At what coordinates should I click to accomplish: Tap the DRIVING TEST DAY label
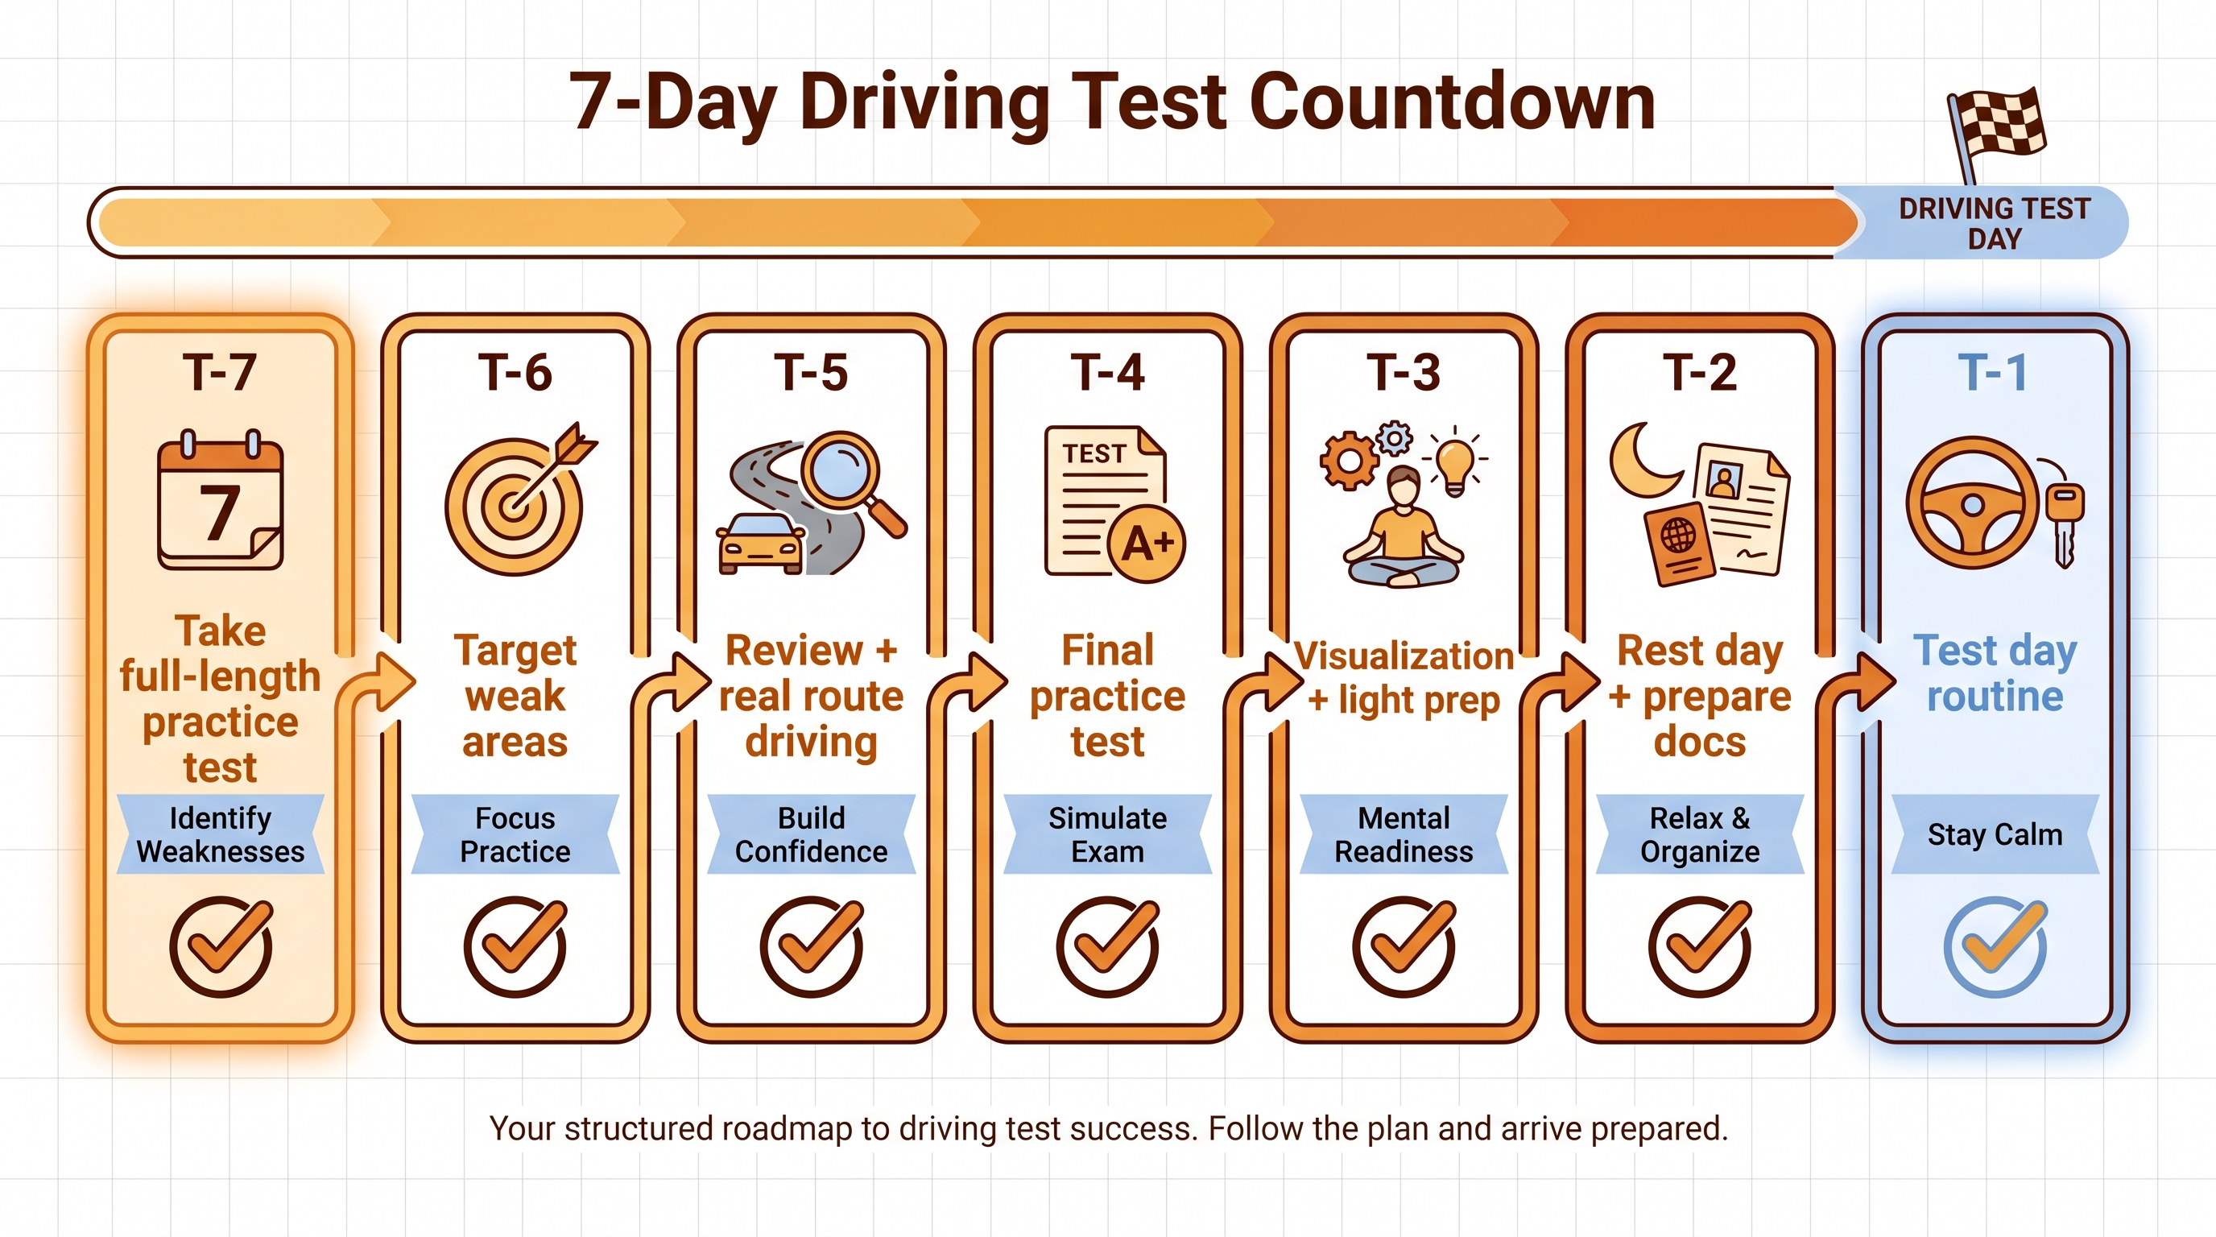1993,223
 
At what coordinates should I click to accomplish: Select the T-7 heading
219,373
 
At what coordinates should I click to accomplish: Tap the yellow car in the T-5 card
760,544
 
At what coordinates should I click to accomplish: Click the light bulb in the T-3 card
1455,463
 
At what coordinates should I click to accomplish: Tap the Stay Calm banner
1994,834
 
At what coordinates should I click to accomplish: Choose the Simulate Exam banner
1107,834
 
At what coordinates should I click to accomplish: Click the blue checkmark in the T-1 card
1995,946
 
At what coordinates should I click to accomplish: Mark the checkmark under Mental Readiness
1404,946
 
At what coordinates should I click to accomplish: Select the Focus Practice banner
515,834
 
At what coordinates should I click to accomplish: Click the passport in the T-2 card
1677,544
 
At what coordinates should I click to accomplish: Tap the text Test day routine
1994,672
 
